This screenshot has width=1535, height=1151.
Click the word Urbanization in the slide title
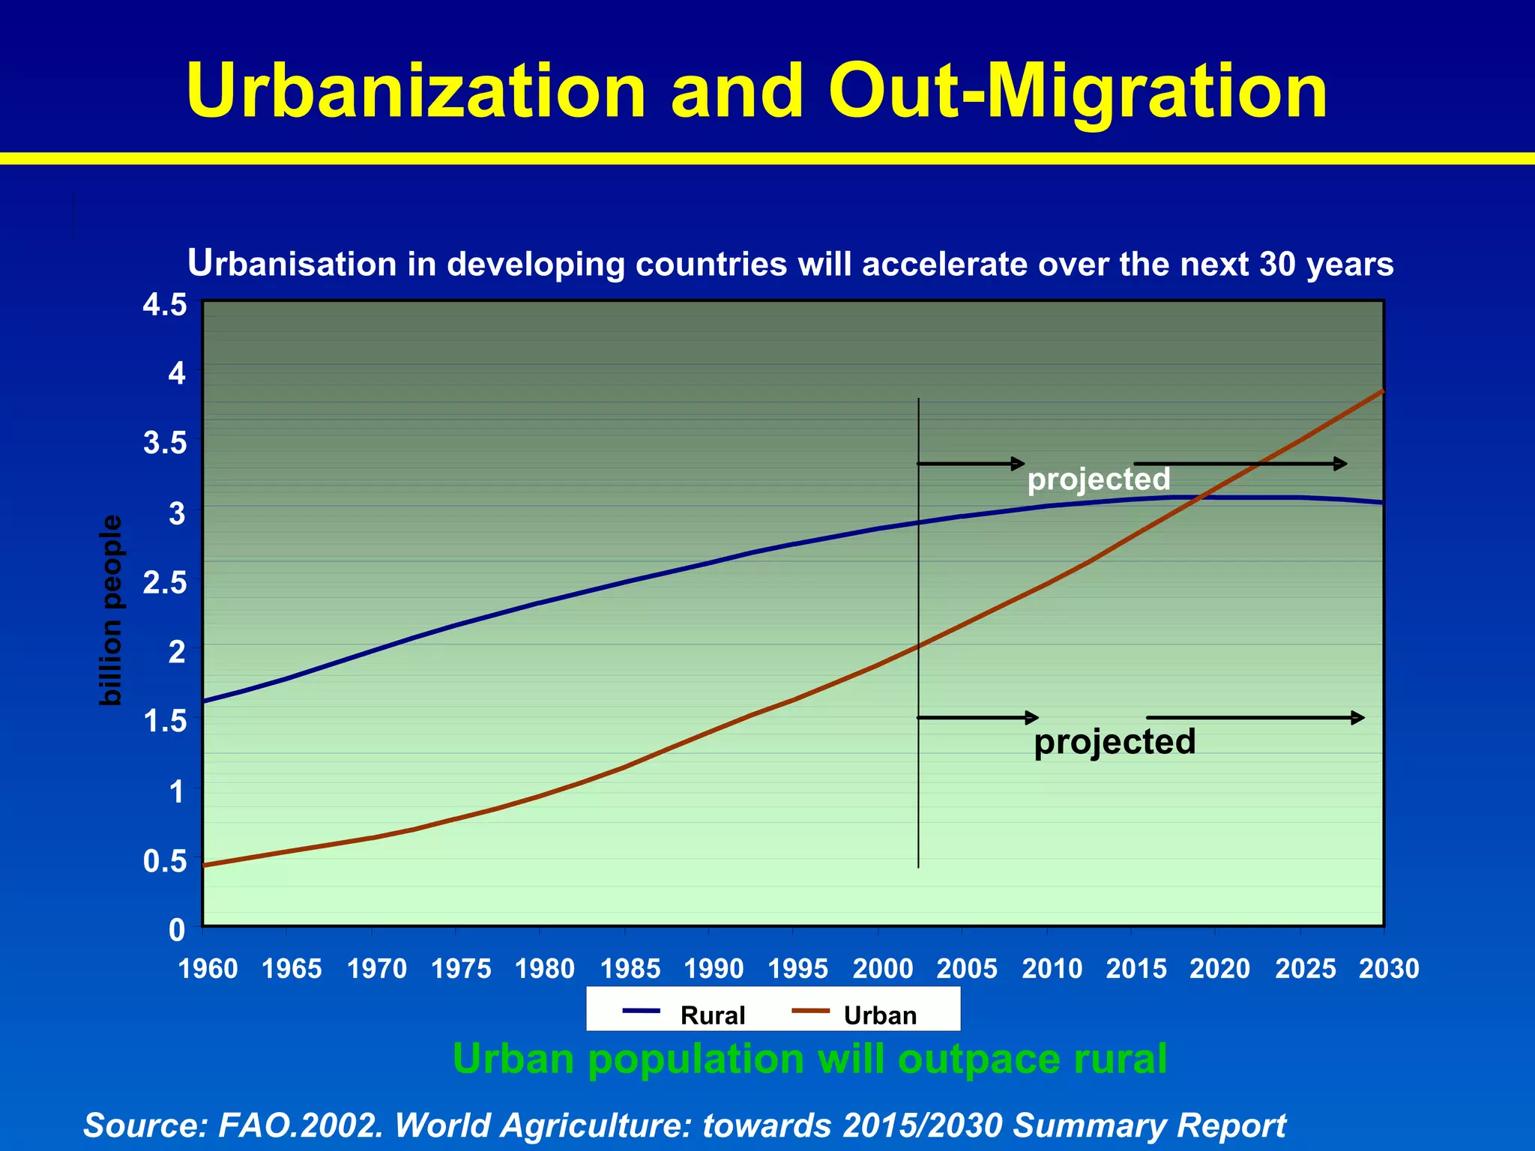point(416,91)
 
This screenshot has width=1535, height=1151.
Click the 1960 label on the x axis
point(208,969)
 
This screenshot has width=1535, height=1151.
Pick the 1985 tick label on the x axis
point(630,969)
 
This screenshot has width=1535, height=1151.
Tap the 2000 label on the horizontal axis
point(883,969)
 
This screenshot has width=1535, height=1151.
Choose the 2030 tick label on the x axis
point(1389,969)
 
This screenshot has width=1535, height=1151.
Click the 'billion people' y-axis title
point(111,610)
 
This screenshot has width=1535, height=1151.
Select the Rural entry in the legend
point(712,1015)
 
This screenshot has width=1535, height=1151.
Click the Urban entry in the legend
point(880,1015)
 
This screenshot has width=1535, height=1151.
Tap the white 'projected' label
point(1098,480)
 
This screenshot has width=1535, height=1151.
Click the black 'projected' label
point(1115,742)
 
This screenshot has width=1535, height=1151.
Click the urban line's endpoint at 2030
point(1383,390)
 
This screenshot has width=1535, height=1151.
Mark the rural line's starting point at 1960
point(204,701)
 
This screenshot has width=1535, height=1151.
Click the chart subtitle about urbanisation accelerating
point(790,264)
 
